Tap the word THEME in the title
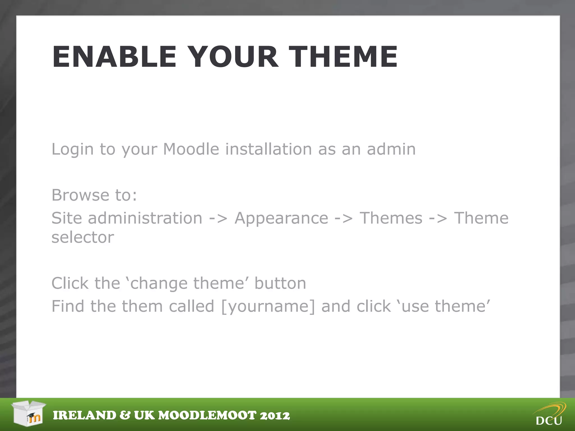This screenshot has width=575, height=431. (x=343, y=57)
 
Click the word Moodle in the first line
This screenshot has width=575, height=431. (x=191, y=149)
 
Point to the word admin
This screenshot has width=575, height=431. (x=391, y=149)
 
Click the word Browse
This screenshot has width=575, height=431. (x=80, y=195)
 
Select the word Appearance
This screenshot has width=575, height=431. (x=281, y=218)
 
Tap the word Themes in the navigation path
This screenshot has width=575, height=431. (x=391, y=218)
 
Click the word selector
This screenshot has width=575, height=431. (x=83, y=237)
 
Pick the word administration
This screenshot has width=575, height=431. (x=145, y=218)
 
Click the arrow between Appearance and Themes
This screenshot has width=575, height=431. (x=344, y=219)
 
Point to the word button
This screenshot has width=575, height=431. (x=280, y=283)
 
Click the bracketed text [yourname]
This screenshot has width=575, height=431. (x=268, y=306)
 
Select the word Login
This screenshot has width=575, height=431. (x=72, y=149)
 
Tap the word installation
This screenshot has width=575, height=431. (x=268, y=149)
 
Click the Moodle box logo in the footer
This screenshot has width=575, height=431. (x=29, y=413)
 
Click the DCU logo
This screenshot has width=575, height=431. (x=549, y=414)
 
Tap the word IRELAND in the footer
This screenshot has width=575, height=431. (x=85, y=415)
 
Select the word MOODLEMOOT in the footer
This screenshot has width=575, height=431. (x=207, y=415)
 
